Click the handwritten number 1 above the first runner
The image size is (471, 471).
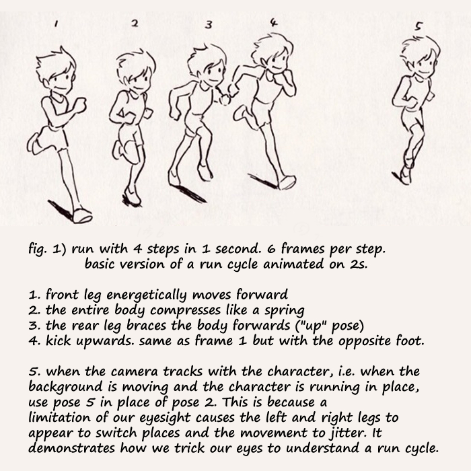click(56, 24)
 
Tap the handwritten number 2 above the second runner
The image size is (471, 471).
click(135, 24)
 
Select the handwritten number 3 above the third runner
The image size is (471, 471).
click(209, 25)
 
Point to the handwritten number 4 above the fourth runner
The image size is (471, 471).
click(273, 22)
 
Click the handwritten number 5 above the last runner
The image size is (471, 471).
click(419, 26)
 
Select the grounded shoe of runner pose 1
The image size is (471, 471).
click(82, 215)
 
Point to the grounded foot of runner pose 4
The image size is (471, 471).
click(287, 182)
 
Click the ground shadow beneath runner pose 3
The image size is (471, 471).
click(191, 194)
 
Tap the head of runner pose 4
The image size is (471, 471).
click(273, 54)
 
